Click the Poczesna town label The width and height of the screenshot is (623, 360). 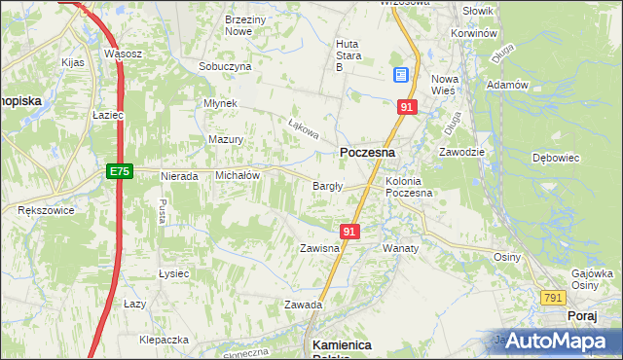[367, 153]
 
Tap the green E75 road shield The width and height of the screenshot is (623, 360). [119, 171]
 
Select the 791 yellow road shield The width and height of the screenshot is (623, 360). [554, 297]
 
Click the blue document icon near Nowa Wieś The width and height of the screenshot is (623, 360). [401, 75]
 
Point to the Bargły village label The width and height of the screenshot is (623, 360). [326, 187]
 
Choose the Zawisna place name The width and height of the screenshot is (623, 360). [319, 248]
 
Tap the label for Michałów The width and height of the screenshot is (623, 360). [237, 175]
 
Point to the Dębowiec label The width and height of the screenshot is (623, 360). [556, 157]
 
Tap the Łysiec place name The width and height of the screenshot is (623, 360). [173, 273]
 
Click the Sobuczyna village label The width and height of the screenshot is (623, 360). [225, 66]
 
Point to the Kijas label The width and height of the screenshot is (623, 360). [73, 62]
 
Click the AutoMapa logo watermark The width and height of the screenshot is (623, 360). [550, 341]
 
